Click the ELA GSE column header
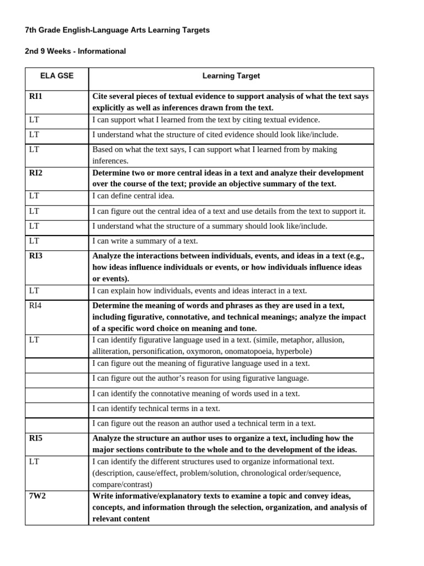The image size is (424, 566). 57,76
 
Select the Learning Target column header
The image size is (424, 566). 231,76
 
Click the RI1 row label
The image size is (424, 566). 36,97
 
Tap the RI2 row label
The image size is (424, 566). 36,173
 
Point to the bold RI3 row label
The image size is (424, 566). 36,256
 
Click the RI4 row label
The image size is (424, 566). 35,305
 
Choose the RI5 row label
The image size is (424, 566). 36,438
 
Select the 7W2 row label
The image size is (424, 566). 38,496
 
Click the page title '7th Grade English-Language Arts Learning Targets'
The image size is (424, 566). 117,30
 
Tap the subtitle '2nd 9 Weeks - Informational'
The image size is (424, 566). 75,51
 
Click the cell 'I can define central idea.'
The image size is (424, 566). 133,196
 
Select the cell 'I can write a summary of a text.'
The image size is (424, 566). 145,241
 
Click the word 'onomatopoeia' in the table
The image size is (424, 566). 242,351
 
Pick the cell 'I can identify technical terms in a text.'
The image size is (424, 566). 156,408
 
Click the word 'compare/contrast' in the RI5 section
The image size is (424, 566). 121,484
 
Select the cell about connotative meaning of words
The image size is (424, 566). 196,394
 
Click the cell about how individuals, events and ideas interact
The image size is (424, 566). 199,291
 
